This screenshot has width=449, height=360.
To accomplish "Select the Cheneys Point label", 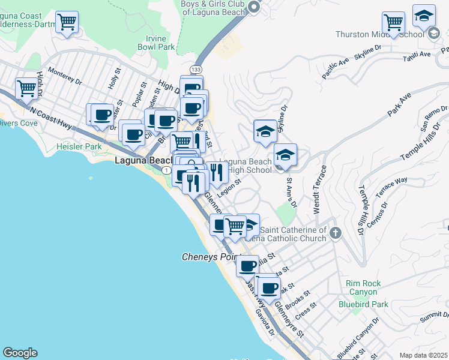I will [210, 257].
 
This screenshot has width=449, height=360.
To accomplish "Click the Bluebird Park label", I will [363, 304].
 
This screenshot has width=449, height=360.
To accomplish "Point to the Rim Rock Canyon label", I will [362, 287].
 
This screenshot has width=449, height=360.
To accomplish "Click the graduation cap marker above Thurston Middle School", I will [424, 16].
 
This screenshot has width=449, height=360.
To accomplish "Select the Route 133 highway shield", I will [196, 70].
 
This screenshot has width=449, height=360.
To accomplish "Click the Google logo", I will [20, 353].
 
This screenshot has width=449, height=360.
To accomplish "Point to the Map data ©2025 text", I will [423, 355].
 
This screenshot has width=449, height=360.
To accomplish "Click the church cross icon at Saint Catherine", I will [335, 233].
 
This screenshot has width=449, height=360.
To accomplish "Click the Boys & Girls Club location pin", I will [254, 7].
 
